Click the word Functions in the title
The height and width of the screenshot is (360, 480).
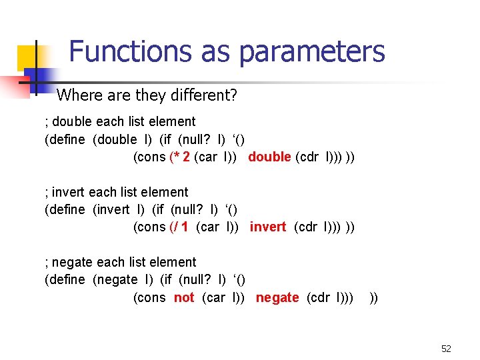(118, 51)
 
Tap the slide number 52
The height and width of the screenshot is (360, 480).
(446, 349)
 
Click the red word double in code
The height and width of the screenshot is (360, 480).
(269, 157)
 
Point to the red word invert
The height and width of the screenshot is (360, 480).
(268, 227)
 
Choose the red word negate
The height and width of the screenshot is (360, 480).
(277, 297)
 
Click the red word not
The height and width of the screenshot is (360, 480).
(184, 297)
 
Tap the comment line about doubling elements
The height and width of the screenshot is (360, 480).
(120, 121)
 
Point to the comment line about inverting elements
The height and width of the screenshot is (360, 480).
(117, 192)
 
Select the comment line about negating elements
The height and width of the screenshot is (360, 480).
(121, 262)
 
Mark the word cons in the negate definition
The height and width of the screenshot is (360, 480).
(150, 297)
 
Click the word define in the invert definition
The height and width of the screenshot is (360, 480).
(65, 209)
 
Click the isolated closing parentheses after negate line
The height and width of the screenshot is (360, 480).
(373, 297)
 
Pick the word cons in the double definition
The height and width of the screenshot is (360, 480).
(150, 157)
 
